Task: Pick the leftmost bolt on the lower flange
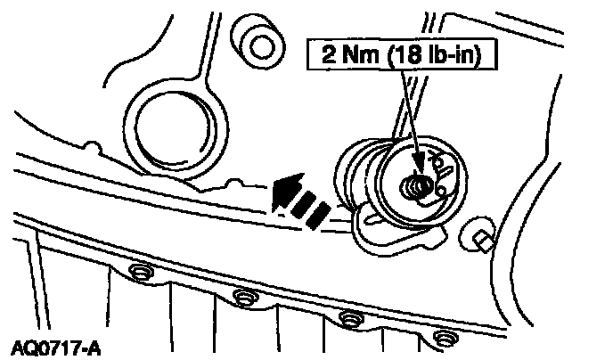click(x=137, y=271)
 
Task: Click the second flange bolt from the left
click(x=241, y=295)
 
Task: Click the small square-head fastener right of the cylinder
click(x=482, y=236)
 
